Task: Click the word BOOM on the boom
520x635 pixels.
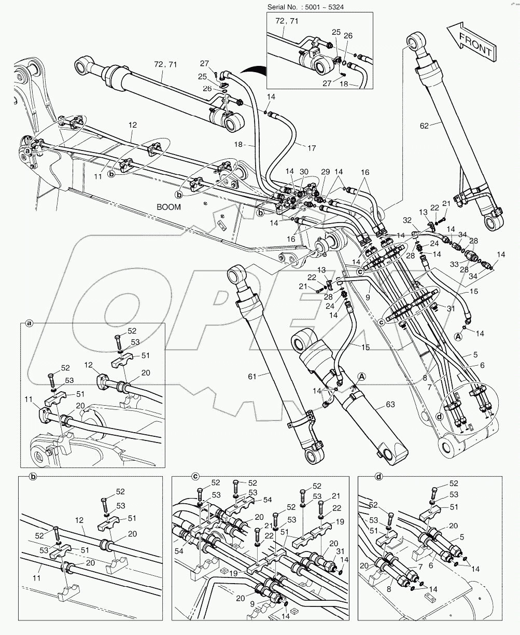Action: click(169, 206)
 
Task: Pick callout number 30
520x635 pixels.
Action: click(304, 172)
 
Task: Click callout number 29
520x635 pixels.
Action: click(325, 172)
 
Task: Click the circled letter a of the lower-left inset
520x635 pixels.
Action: click(30, 323)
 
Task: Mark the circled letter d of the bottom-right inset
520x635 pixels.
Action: click(379, 475)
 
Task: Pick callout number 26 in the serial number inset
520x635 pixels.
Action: click(348, 36)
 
